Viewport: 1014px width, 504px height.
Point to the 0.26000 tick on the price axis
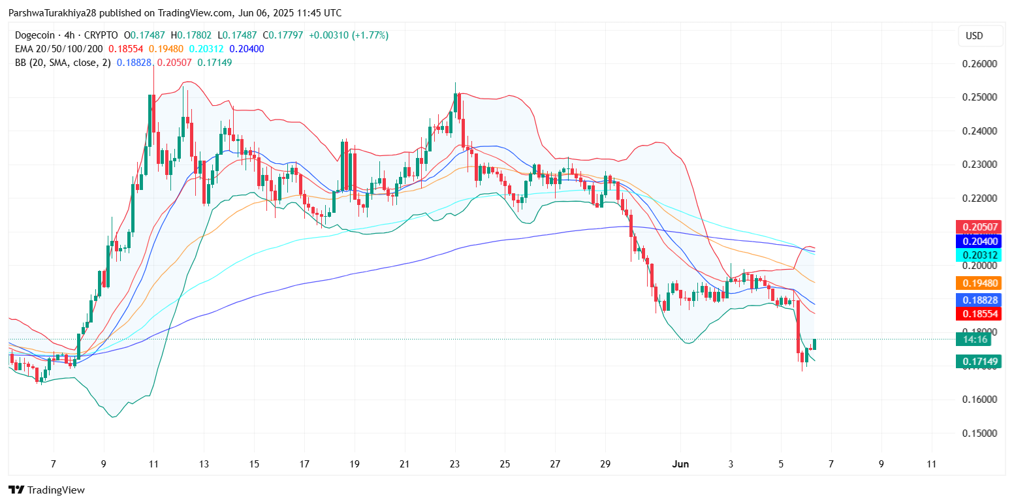pos(979,64)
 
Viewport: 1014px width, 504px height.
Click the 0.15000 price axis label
pos(979,433)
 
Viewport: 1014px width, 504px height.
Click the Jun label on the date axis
pos(680,464)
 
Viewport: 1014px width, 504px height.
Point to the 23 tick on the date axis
pos(454,464)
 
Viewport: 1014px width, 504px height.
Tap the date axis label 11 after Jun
pos(932,464)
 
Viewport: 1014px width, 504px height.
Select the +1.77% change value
pos(370,35)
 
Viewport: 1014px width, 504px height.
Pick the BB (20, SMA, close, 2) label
pos(63,63)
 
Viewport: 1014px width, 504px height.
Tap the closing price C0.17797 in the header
pos(284,35)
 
